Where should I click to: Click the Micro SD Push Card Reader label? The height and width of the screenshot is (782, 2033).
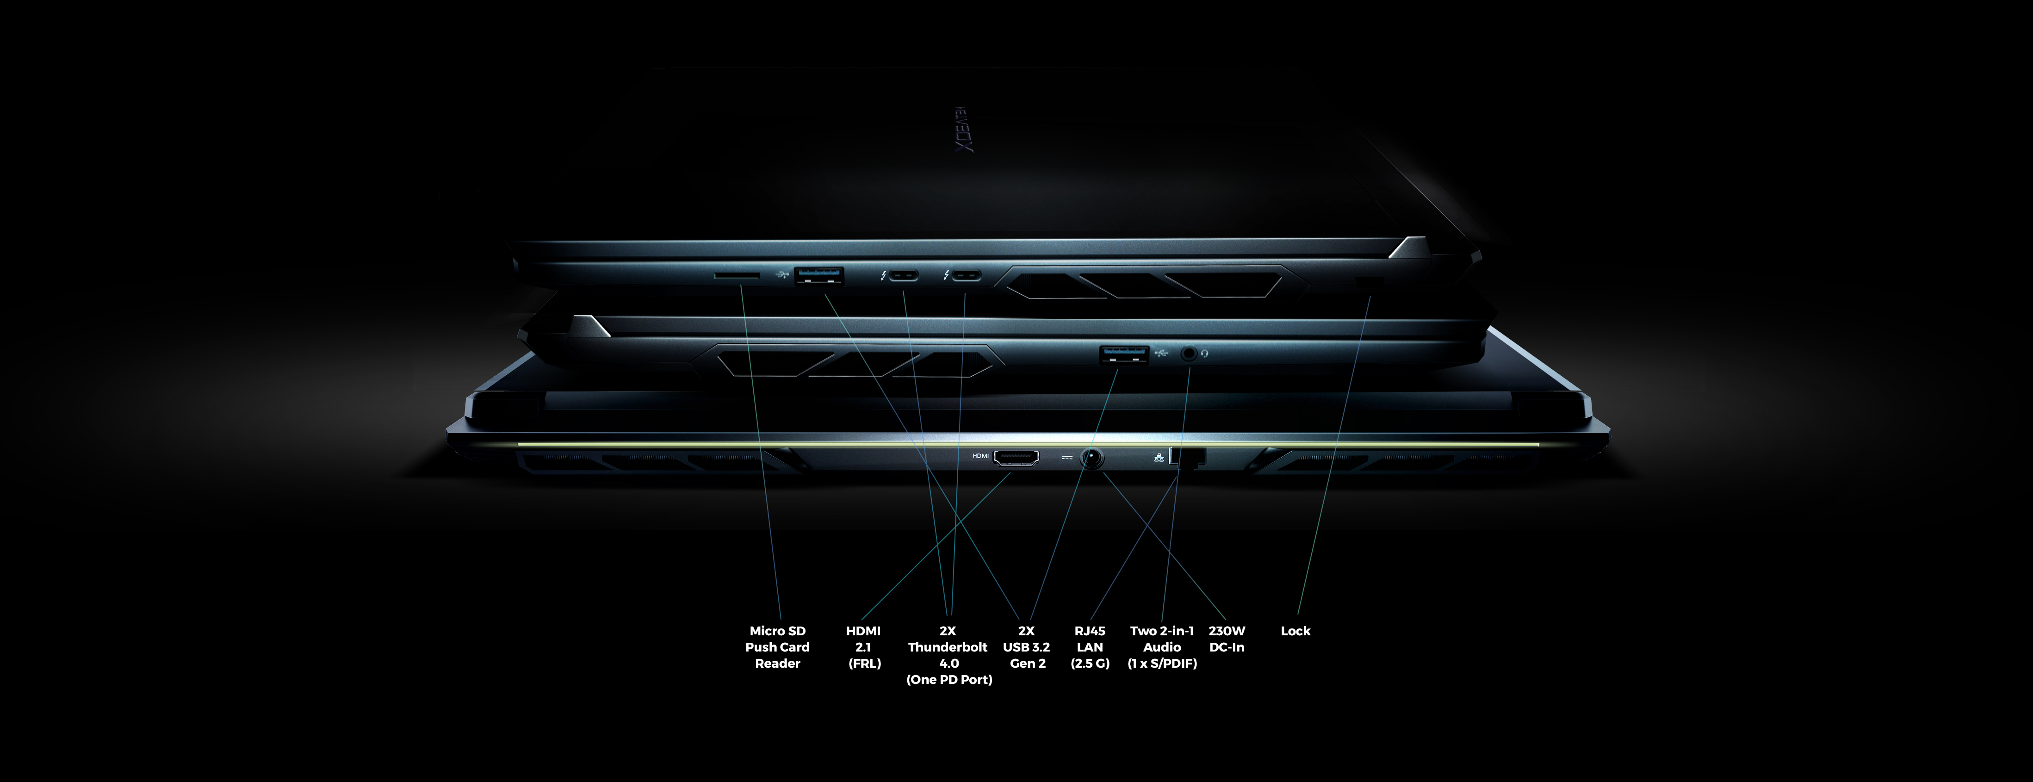click(777, 647)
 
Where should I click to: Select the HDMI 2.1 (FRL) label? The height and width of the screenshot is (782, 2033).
click(863, 647)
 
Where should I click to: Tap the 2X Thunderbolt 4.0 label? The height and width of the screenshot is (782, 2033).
click(948, 655)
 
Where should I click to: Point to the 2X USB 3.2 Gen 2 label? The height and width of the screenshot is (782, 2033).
click(1026, 647)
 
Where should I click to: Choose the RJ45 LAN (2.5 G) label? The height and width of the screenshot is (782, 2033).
click(1090, 647)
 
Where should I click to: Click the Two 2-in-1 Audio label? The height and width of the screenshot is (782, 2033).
click(1162, 647)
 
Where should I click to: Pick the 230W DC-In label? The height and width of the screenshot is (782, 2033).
click(1227, 639)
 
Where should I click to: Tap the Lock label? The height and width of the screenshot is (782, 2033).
click(1295, 631)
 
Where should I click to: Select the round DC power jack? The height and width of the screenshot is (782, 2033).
click(1091, 458)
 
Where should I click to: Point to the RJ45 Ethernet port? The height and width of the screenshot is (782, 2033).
click(1187, 457)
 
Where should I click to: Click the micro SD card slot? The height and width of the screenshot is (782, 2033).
click(737, 275)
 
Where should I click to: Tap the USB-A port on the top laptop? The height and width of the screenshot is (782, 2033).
click(818, 275)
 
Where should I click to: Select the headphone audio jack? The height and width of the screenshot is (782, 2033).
click(1189, 354)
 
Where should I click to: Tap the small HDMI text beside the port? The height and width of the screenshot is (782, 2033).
click(980, 456)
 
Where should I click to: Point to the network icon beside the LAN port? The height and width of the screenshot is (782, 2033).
click(1159, 457)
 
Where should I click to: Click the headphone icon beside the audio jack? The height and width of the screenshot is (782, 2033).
click(1204, 354)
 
